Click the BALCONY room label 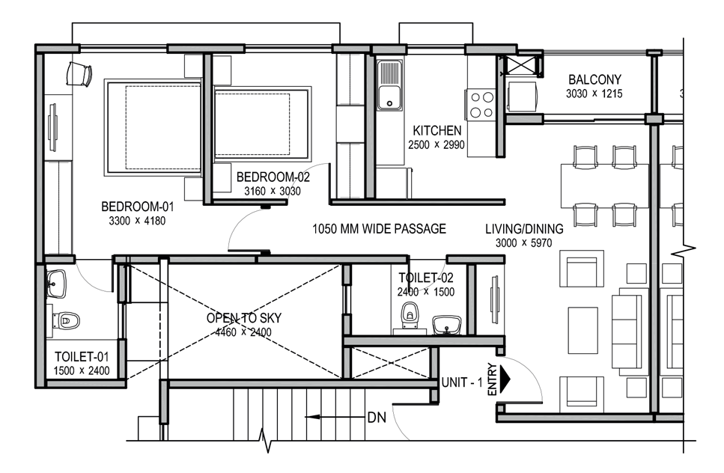(x=594, y=79)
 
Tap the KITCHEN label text (x=436, y=130)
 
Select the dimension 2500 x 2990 (x=436, y=145)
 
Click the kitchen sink (x=389, y=85)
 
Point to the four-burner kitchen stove (x=481, y=104)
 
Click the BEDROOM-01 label (x=138, y=207)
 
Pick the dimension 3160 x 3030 (x=273, y=191)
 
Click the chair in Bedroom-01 (x=79, y=74)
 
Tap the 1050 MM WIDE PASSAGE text (x=379, y=229)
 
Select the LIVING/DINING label (x=524, y=229)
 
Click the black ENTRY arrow (x=505, y=379)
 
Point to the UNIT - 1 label (x=462, y=382)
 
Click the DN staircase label (x=377, y=418)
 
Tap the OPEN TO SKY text (x=244, y=318)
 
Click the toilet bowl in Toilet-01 (x=67, y=320)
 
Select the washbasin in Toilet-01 (x=56, y=284)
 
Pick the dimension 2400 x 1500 (x=426, y=292)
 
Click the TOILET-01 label (x=82, y=357)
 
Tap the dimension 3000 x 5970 (x=523, y=243)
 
